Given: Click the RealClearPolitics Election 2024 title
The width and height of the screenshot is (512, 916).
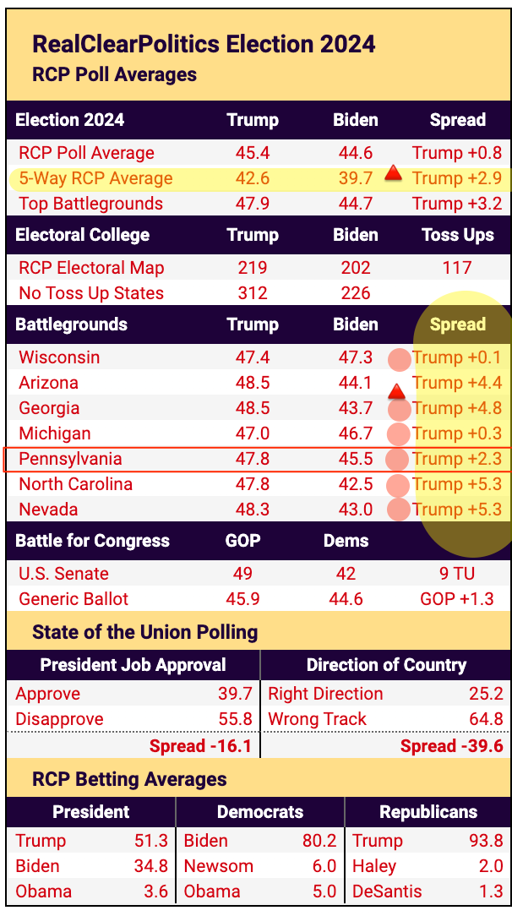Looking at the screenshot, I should [204, 44].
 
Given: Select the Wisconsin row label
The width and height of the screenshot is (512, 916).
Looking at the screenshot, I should [59, 357].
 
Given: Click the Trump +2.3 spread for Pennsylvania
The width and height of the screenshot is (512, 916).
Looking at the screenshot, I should [457, 459].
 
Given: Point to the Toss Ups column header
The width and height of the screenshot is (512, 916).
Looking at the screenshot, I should [457, 235].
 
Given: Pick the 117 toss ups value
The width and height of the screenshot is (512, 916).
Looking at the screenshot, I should [457, 268].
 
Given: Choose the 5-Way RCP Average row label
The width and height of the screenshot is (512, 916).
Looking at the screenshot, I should [95, 178].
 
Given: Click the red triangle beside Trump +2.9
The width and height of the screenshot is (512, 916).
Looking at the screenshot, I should [393, 173].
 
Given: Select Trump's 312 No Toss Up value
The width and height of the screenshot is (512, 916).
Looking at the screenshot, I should [253, 293].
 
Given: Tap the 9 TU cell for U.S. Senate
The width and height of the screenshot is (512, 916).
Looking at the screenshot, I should [457, 574].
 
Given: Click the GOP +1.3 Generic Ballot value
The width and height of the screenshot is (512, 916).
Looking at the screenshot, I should [457, 599].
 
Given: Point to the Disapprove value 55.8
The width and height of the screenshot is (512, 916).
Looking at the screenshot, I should [236, 719].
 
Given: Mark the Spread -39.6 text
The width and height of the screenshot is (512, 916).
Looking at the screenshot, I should [452, 745].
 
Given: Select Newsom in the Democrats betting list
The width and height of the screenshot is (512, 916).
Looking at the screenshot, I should [219, 866].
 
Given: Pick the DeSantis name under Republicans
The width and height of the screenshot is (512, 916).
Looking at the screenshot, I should [388, 891].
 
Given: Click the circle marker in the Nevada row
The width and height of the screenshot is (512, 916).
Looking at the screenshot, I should [399, 510].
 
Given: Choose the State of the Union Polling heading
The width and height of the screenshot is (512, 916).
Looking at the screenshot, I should [144, 632].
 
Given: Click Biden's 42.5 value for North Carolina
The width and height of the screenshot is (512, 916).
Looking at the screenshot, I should [356, 484].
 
